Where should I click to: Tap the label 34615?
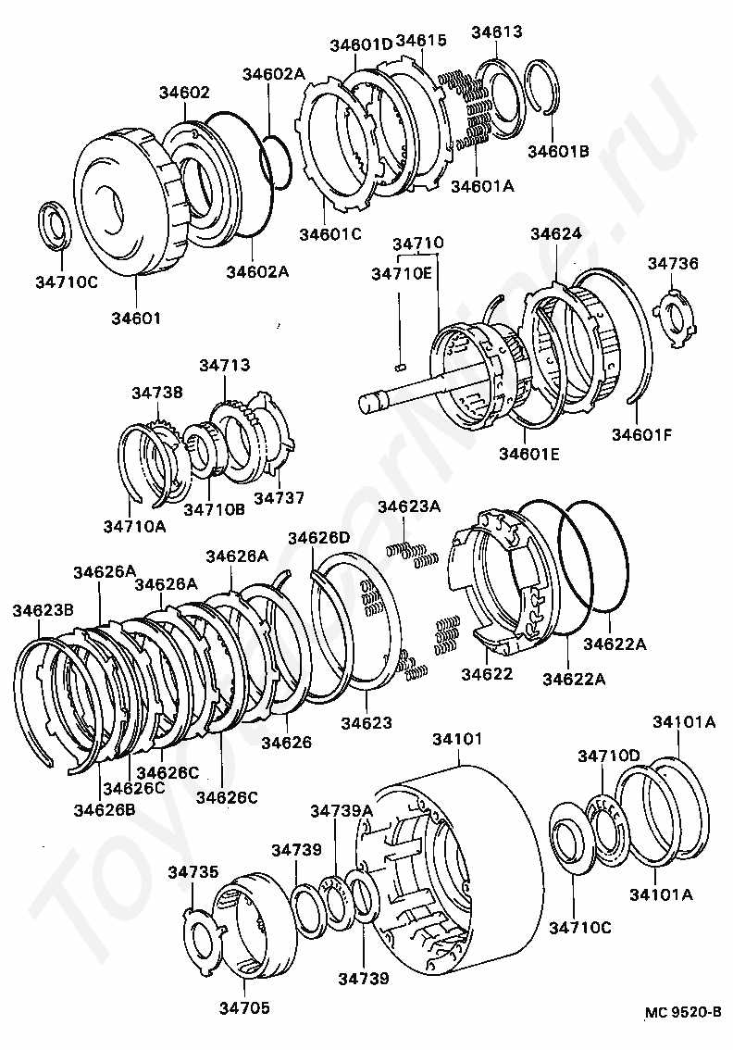coord(421,41)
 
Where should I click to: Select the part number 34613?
coord(497,31)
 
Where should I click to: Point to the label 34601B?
coord(558,151)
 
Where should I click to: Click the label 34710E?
coord(401,273)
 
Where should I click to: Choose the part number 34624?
coord(557,234)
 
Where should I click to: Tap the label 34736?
coord(673,264)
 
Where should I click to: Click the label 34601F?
coord(643,431)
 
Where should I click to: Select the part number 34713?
coord(224,366)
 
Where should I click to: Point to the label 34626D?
coord(318,538)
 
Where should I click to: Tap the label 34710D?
coord(609,756)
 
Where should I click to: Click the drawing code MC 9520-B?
coord(684,1012)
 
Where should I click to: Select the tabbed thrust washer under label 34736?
coord(677,316)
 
